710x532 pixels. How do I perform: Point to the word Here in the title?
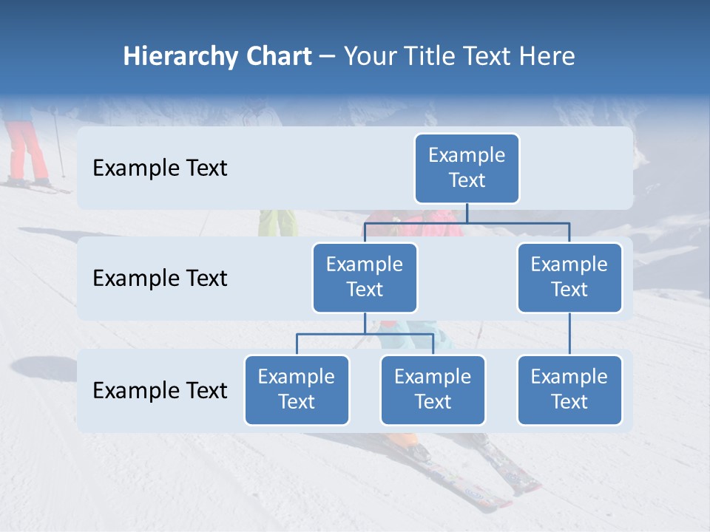tap(544, 56)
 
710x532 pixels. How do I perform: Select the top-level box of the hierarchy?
tap(467, 168)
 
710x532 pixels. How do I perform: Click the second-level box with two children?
tap(365, 277)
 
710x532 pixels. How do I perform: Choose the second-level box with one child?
tap(569, 277)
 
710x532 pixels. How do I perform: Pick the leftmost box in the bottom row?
tap(297, 389)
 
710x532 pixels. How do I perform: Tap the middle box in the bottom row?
tap(433, 389)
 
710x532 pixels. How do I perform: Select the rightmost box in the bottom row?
tap(569, 389)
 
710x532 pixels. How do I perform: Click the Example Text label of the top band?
tap(160, 168)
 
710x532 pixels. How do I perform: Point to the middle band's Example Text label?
tap(160, 278)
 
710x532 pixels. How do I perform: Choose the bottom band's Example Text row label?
tap(160, 390)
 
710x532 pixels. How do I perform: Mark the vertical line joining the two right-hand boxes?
tap(569, 334)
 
